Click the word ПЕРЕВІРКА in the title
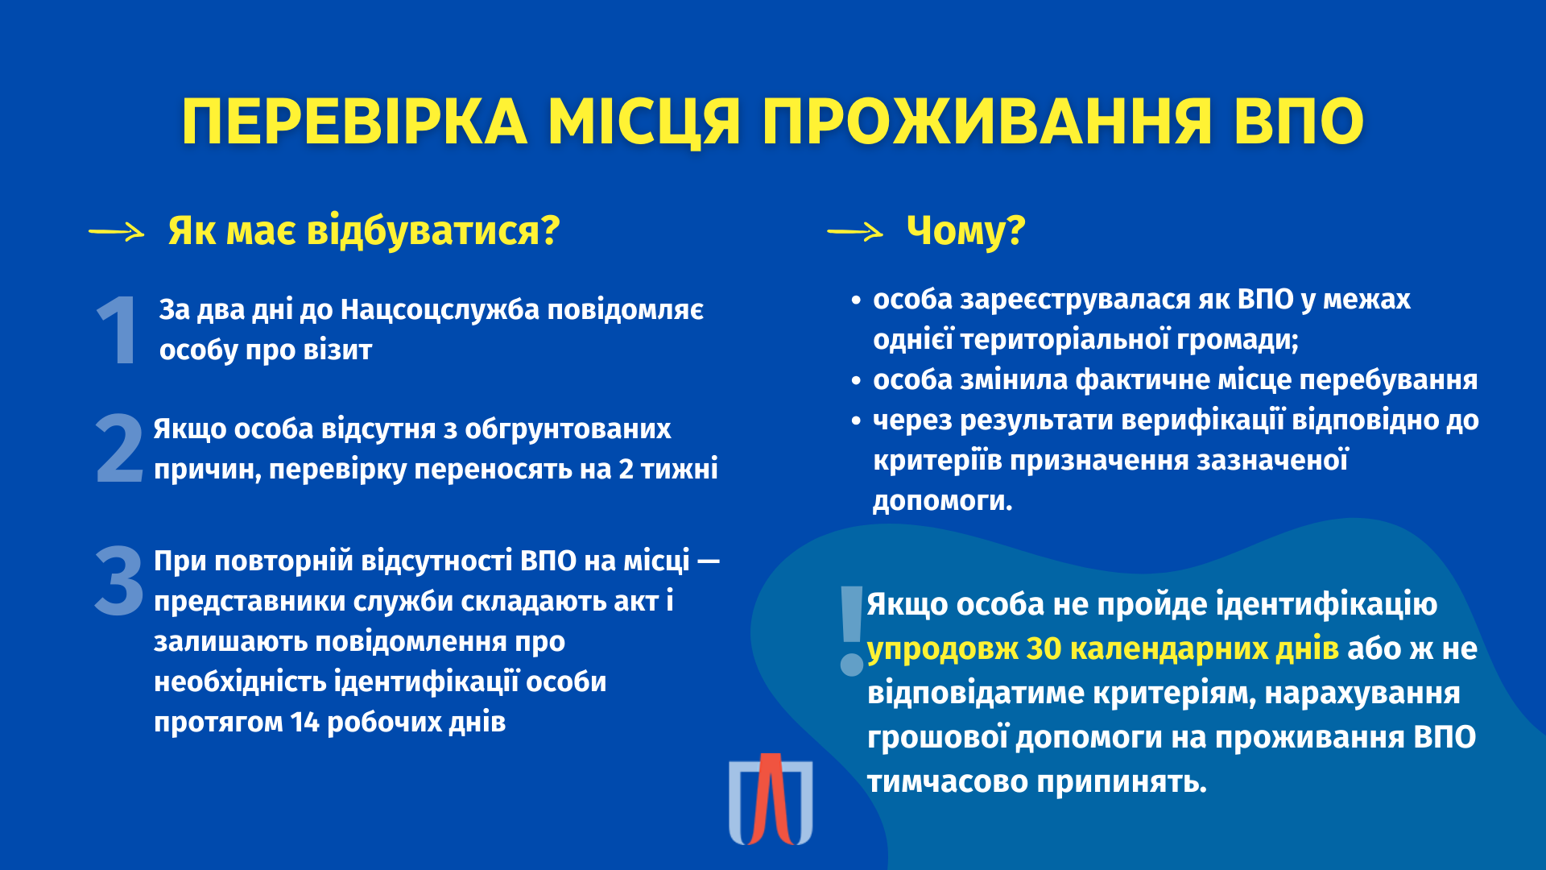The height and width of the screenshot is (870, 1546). pos(354,122)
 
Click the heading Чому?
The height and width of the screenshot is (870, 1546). pos(965,231)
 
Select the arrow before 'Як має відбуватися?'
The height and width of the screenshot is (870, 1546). pos(116,233)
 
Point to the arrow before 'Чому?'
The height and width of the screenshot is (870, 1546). pos(855,233)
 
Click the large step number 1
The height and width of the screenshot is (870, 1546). pos(118,330)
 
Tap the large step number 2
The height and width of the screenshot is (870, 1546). pos(119,449)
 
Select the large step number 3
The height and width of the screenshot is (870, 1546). pos(119,581)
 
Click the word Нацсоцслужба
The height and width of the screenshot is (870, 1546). pos(440,310)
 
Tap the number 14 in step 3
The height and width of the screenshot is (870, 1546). pos(305,723)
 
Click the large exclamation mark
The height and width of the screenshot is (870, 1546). pos(851,631)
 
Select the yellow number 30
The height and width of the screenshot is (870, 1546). pos(1044,649)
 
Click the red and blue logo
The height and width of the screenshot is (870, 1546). pos(771,799)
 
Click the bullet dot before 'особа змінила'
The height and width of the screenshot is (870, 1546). pos(856,381)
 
